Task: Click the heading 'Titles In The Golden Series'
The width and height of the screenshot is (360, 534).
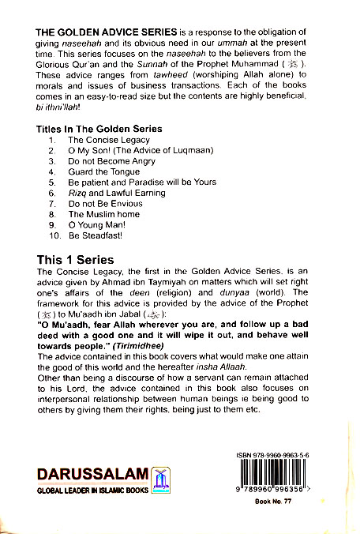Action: tap(99, 129)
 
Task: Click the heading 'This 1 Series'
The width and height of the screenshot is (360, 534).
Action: tap(76, 260)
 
